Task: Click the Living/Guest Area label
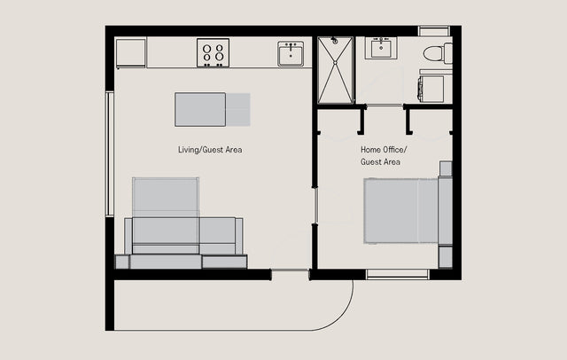(x=210, y=150)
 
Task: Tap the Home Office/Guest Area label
(x=384, y=155)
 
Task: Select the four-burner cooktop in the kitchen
(x=213, y=53)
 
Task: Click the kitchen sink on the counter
(x=291, y=53)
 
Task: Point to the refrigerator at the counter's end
(x=130, y=53)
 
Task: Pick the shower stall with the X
(x=335, y=70)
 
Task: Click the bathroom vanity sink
(x=381, y=47)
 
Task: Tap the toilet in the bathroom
(x=438, y=53)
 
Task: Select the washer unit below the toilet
(x=431, y=89)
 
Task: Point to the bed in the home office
(x=400, y=210)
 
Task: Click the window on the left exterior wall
(x=110, y=154)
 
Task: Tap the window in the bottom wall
(x=397, y=274)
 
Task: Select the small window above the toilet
(x=434, y=31)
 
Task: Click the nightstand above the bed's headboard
(x=446, y=168)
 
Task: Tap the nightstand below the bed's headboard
(x=446, y=257)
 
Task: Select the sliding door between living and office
(x=315, y=206)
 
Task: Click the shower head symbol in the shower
(x=335, y=41)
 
